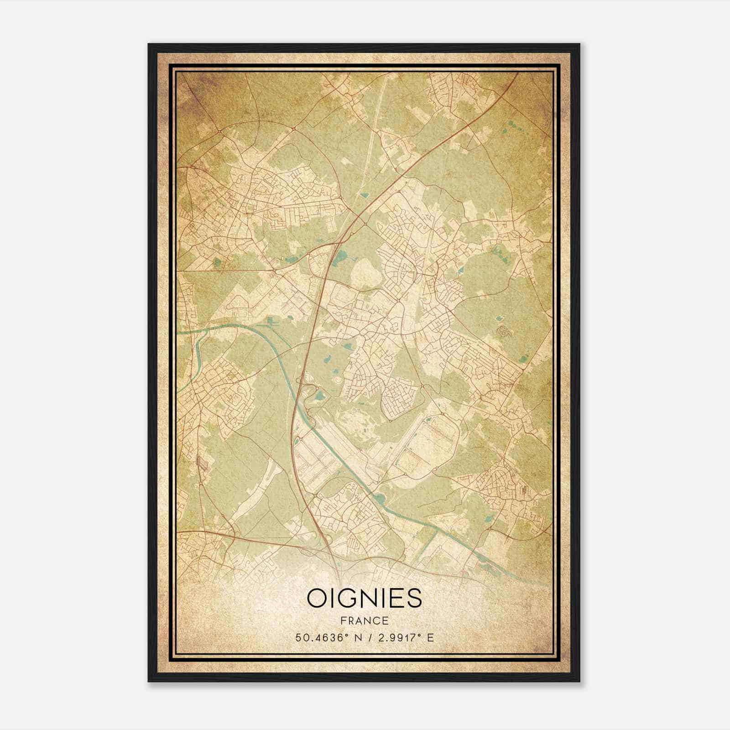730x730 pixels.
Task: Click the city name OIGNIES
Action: click(365, 598)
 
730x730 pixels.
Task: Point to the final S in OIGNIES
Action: click(414, 598)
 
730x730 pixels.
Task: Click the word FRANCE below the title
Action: click(365, 621)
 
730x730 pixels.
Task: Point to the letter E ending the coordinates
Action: click(430, 638)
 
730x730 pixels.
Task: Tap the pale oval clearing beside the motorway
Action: click(365, 275)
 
